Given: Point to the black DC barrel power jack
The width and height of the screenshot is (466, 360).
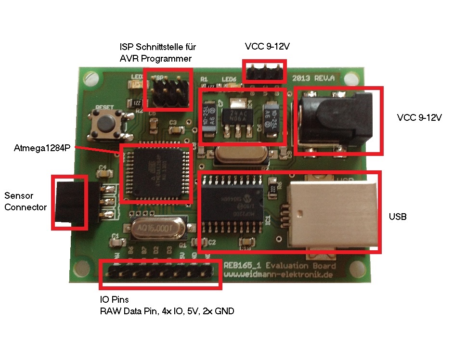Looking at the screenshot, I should [x=337, y=120].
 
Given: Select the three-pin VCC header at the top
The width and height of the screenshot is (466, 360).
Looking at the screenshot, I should [x=264, y=71].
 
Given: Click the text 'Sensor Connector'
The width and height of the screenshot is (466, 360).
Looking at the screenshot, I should [x=26, y=201].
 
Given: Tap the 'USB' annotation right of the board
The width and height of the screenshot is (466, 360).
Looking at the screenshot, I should [x=398, y=217].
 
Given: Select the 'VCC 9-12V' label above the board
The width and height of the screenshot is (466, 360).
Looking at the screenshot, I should [x=267, y=47].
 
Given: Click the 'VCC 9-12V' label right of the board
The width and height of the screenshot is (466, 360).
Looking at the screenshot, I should [x=419, y=117].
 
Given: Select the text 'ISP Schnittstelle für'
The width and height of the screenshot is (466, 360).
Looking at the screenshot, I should [x=158, y=47].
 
